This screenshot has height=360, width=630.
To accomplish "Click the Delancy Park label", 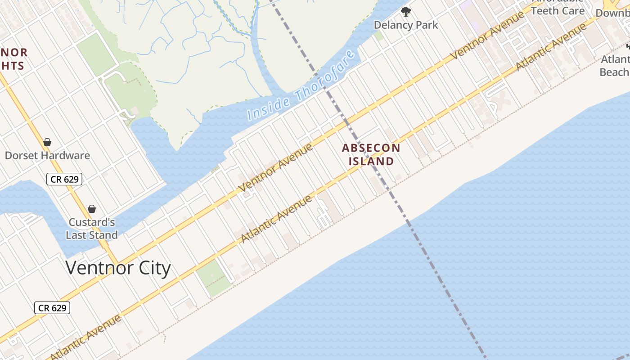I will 406,25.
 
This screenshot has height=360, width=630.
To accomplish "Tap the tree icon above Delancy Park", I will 406,12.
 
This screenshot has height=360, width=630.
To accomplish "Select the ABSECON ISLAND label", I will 371,154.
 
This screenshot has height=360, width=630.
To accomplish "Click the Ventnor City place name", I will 118,268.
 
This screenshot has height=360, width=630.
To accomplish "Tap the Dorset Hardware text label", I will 47,156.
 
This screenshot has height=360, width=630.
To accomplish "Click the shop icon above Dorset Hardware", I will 47,143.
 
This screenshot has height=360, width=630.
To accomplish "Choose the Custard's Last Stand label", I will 92,229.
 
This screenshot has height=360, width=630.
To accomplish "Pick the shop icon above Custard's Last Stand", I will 92,209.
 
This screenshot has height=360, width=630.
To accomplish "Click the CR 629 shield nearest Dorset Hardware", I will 65,179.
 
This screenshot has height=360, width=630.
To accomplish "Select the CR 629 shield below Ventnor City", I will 52,308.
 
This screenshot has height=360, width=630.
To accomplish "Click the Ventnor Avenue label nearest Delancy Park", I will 488,35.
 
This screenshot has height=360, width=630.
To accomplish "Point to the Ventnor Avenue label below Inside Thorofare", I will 275,167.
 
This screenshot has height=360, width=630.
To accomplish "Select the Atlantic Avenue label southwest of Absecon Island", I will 276,219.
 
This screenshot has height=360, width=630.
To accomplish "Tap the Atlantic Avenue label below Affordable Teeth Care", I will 551,46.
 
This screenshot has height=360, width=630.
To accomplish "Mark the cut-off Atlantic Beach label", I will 615,66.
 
